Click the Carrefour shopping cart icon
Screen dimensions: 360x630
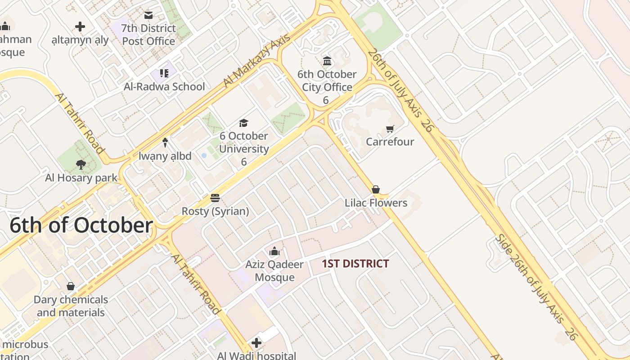point(390,129)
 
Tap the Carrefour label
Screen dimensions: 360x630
point(390,142)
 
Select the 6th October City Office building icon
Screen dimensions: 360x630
point(327,61)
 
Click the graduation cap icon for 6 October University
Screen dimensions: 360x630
point(243,123)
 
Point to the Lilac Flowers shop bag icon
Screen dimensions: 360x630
point(376,189)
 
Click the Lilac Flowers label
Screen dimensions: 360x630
point(376,203)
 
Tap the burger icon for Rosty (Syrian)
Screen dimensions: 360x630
point(215,198)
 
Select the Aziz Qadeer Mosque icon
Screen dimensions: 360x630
point(274,251)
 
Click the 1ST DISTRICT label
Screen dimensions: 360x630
point(355,264)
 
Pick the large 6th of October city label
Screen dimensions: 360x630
point(81,225)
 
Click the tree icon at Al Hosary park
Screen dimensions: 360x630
point(81,165)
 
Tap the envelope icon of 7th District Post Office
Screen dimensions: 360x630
point(148,15)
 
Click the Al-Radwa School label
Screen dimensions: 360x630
point(164,86)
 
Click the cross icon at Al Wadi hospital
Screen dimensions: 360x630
point(256,343)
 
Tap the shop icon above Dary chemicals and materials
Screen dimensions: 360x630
point(71,286)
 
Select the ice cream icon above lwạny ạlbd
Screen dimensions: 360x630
point(165,143)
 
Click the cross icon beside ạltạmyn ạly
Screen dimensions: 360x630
point(80,27)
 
